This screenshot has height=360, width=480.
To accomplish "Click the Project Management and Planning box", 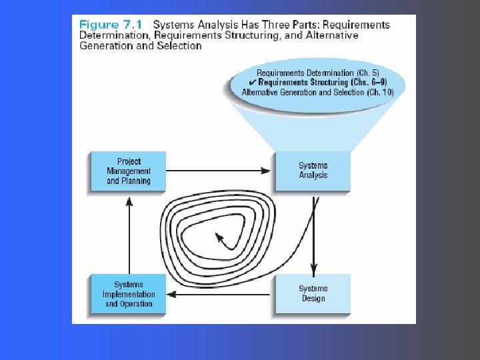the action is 128,171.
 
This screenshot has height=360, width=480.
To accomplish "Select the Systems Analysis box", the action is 313,171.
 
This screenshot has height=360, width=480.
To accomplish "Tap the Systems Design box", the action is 313,293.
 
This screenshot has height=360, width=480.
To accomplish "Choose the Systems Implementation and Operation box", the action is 128,293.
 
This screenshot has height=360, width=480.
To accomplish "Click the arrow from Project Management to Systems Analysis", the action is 218,171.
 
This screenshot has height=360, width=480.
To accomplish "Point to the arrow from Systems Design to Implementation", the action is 218,295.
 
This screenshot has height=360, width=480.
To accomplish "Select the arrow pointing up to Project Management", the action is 129,236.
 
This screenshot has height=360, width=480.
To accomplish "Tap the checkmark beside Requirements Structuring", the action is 253,83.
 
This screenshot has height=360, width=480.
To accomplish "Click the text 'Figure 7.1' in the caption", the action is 111,25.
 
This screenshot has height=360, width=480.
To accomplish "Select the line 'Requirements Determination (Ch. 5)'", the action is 318,73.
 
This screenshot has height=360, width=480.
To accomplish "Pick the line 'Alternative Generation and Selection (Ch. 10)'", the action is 318,92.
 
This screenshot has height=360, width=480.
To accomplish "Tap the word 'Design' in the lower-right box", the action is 313,298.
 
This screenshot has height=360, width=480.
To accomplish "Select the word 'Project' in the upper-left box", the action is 129,161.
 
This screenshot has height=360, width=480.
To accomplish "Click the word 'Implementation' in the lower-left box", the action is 129,294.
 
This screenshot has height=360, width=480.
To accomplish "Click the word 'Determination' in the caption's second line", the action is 113,35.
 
